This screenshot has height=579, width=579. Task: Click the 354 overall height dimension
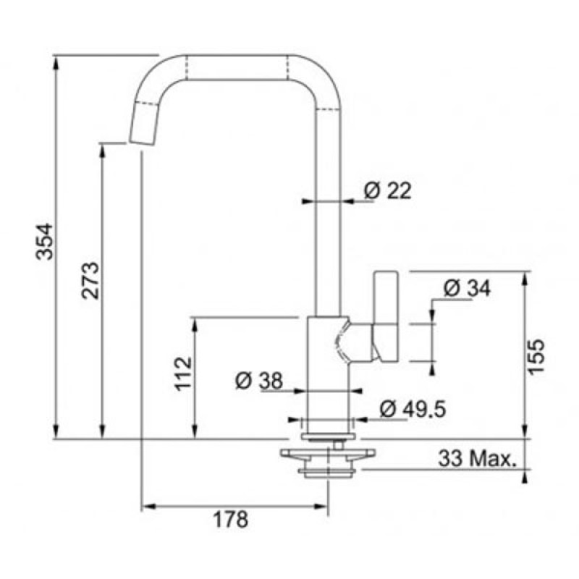(45, 242)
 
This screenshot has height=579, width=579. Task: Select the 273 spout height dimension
(90, 281)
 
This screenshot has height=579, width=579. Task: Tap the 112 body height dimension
(183, 373)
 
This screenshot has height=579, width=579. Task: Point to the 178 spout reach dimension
(231, 520)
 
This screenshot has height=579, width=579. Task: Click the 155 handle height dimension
(536, 357)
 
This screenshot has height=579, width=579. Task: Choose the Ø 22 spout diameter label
(387, 191)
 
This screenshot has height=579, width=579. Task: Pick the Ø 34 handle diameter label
(467, 288)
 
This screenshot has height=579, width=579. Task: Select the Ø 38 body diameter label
(259, 381)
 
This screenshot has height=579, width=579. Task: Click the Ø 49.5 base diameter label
(413, 409)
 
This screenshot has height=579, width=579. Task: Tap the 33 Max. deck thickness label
(477, 459)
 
